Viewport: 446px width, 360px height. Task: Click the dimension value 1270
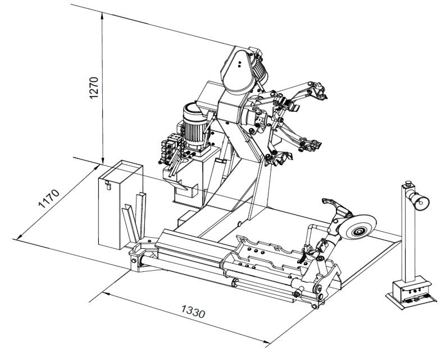coord(94,88)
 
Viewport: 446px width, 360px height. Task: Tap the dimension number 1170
coord(49,198)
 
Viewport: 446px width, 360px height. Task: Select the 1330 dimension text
coord(193,311)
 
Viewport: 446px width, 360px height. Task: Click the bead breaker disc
coord(358,227)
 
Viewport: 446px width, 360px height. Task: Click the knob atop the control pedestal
coord(408,183)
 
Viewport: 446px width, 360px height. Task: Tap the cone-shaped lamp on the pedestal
coord(417,199)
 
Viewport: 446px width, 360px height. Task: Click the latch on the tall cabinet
coord(107,185)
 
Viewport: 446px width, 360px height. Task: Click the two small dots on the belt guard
coord(239,64)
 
